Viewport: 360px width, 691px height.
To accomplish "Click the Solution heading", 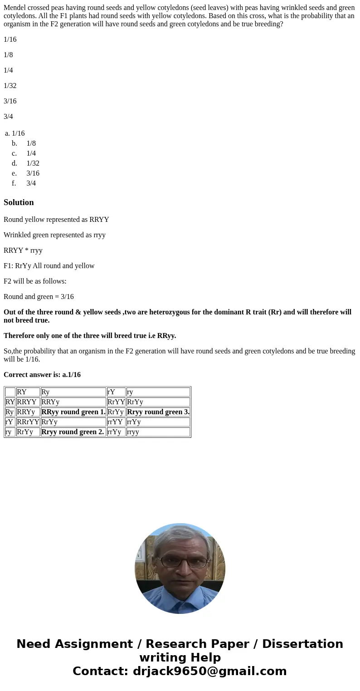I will pyautogui.click(x=19, y=202).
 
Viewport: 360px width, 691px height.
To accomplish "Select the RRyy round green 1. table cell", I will pyautogui.click(x=73, y=412).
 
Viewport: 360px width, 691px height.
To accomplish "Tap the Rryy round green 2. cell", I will pyautogui.click(x=73, y=432).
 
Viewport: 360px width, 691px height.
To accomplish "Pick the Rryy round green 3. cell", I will pyautogui.click(x=158, y=412).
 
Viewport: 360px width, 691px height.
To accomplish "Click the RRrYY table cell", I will pyautogui.click(x=28, y=422).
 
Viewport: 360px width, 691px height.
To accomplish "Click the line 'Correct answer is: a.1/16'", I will pyautogui.click(x=42, y=375).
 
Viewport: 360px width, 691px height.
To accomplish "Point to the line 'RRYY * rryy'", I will pyautogui.click(x=23, y=250).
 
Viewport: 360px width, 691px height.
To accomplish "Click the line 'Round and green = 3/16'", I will pyautogui.click(x=39, y=297).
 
